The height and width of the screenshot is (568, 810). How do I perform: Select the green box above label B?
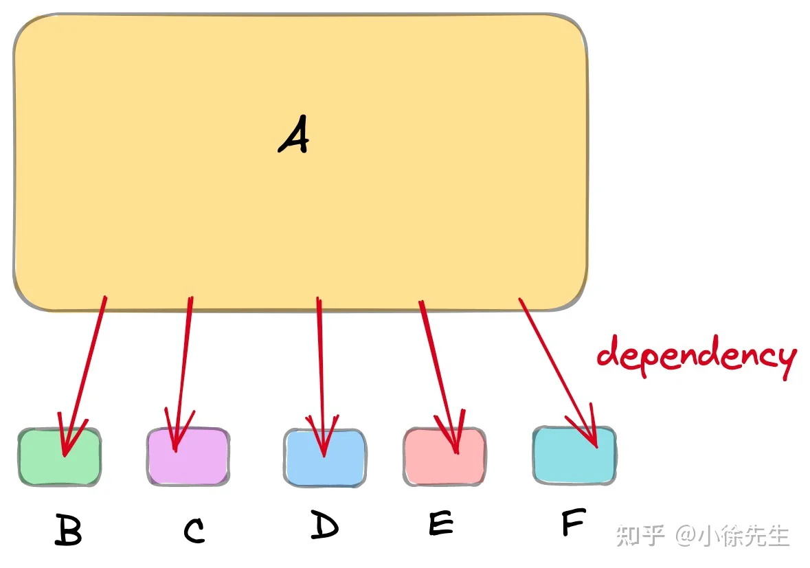(x=59, y=457)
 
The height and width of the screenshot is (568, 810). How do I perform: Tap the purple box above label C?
(x=188, y=457)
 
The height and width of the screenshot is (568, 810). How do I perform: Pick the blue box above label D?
(x=325, y=457)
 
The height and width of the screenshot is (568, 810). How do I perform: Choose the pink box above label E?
(x=445, y=457)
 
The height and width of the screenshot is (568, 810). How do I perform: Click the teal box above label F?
(x=574, y=455)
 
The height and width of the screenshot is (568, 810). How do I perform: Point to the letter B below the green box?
(x=68, y=530)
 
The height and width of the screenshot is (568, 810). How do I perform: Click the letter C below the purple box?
(x=194, y=530)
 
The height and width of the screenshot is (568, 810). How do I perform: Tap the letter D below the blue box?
(x=324, y=524)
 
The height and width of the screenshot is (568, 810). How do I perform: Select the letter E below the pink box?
(x=441, y=523)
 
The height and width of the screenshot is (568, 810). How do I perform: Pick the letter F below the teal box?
(x=574, y=521)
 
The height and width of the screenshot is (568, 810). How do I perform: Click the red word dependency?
(x=697, y=356)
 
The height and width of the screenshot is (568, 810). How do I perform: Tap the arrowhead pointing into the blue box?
(x=322, y=435)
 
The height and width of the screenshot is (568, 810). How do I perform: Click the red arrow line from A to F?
(x=559, y=373)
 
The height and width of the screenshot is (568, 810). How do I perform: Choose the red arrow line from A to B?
(x=85, y=376)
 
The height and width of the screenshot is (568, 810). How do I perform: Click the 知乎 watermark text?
(x=640, y=536)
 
